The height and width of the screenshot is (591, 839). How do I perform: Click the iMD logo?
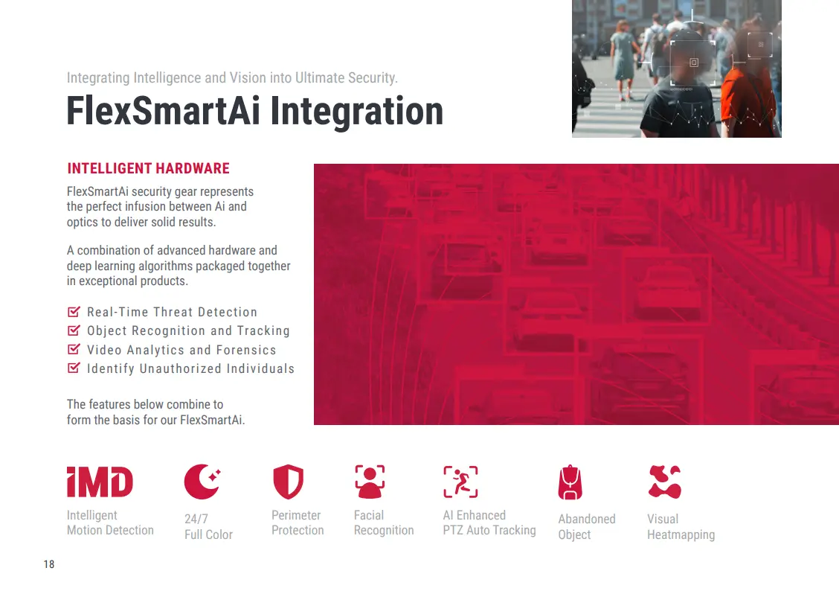click(x=100, y=482)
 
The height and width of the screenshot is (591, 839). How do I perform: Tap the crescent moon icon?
click(x=201, y=482)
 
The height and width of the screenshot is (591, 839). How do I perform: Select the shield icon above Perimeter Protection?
click(x=289, y=482)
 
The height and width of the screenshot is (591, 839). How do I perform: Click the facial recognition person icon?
click(x=370, y=482)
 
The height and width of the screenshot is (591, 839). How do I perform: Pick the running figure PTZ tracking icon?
click(x=460, y=482)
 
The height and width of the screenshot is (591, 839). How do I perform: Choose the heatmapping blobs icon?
click(x=664, y=482)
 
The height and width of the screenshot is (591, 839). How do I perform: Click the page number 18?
click(x=48, y=564)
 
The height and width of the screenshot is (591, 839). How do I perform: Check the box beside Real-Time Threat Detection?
click(x=74, y=312)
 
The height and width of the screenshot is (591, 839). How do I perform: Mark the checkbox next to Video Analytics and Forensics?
click(x=74, y=350)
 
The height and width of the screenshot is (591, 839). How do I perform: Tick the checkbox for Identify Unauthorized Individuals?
click(x=74, y=368)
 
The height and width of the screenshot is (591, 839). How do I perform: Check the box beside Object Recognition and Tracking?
click(x=74, y=330)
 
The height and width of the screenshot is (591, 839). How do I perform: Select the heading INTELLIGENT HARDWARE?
click(x=148, y=169)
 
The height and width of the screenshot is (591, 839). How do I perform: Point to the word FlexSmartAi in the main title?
click(x=163, y=111)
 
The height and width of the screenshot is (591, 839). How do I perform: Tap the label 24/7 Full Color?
click(x=209, y=527)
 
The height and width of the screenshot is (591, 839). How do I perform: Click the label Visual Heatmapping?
click(x=681, y=527)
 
